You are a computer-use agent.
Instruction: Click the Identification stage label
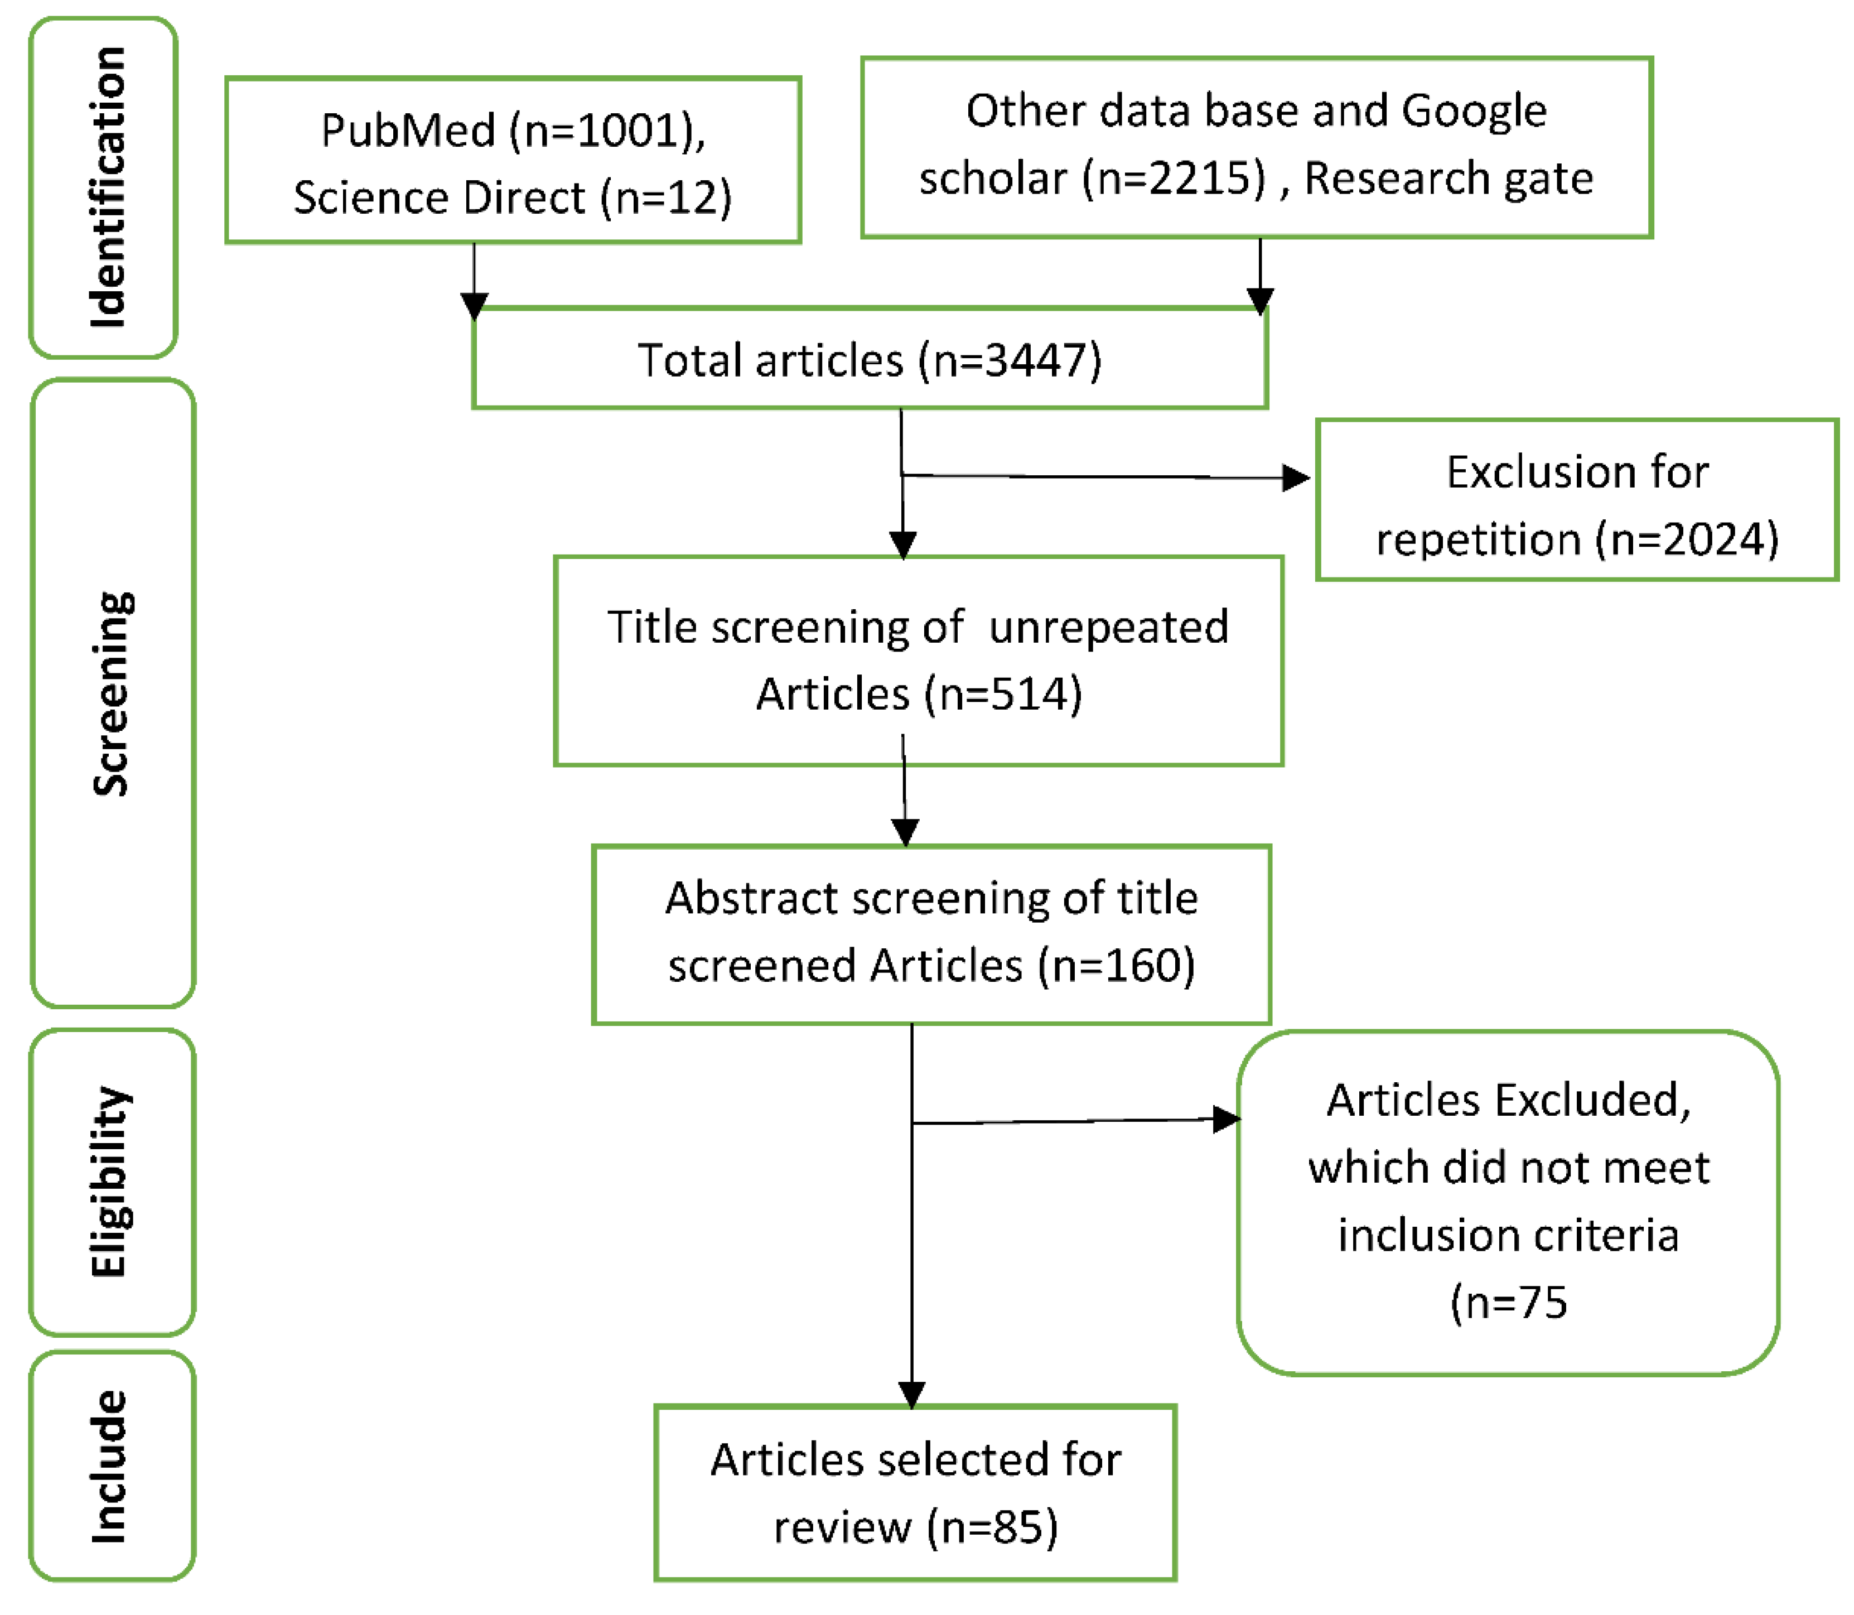pyautogui.click(x=107, y=187)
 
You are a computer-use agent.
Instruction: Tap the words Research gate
pyautogui.click(x=1448, y=177)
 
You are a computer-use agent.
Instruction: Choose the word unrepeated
pyautogui.click(x=1108, y=626)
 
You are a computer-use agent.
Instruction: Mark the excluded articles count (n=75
pyautogui.click(x=1508, y=1302)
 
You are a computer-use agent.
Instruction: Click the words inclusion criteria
pyautogui.click(x=1508, y=1235)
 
